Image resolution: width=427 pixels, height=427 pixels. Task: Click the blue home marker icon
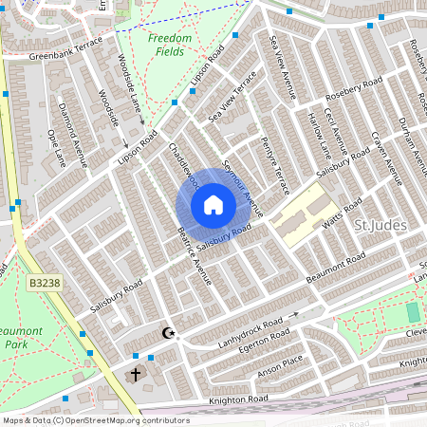pos(213,204)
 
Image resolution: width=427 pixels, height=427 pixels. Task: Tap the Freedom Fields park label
pos(170,45)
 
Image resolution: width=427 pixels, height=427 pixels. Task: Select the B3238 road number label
pos(43,283)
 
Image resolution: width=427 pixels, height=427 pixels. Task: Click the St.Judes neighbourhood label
pos(380,225)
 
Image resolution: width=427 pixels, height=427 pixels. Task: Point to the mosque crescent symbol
pos(170,333)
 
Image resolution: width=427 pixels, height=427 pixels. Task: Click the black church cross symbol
pos(136,375)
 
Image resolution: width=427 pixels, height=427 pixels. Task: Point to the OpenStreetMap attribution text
pos(95,420)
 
